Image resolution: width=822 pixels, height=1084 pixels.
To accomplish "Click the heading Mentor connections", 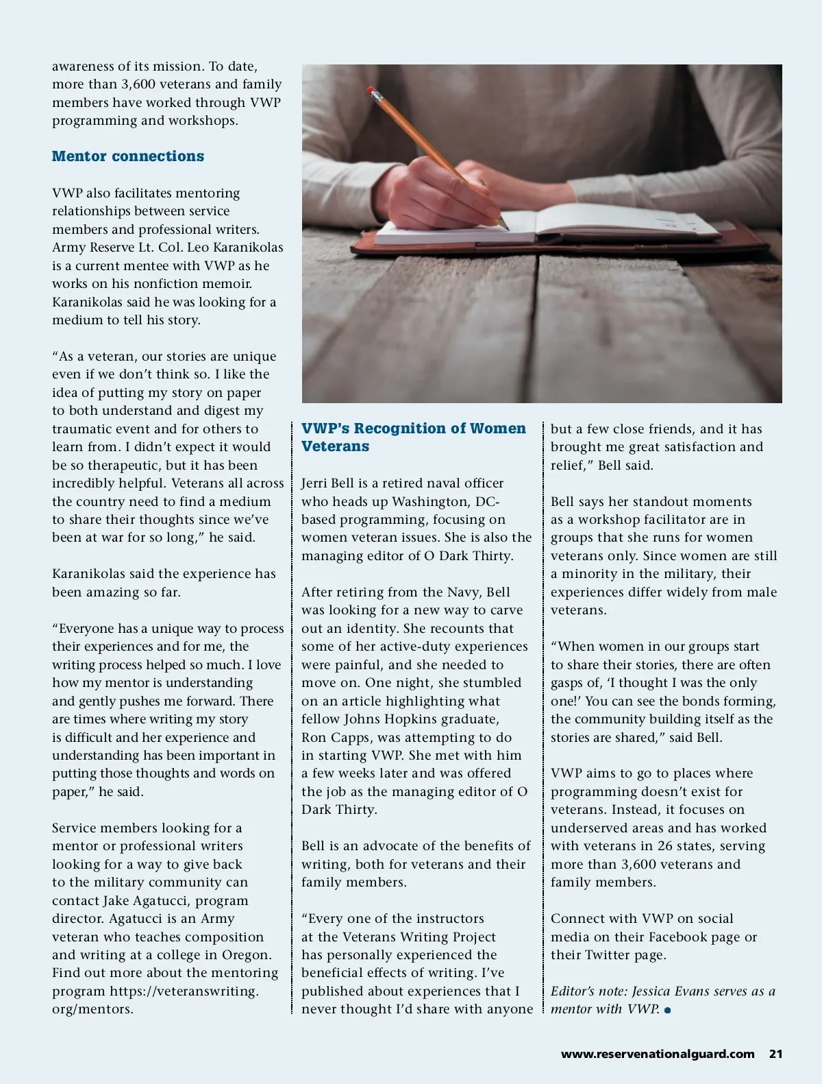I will click(128, 156).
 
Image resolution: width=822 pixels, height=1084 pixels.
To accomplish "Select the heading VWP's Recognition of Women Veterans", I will click(414, 437).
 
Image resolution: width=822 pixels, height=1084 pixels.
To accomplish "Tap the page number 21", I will click(775, 1054).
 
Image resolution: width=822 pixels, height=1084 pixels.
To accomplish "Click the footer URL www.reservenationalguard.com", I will click(658, 1054).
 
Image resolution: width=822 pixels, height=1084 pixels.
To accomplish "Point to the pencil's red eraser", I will click(371, 90).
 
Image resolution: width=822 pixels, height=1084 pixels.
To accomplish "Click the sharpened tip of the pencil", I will click(506, 226).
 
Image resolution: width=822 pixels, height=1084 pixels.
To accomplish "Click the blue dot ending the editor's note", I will click(667, 1010).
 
